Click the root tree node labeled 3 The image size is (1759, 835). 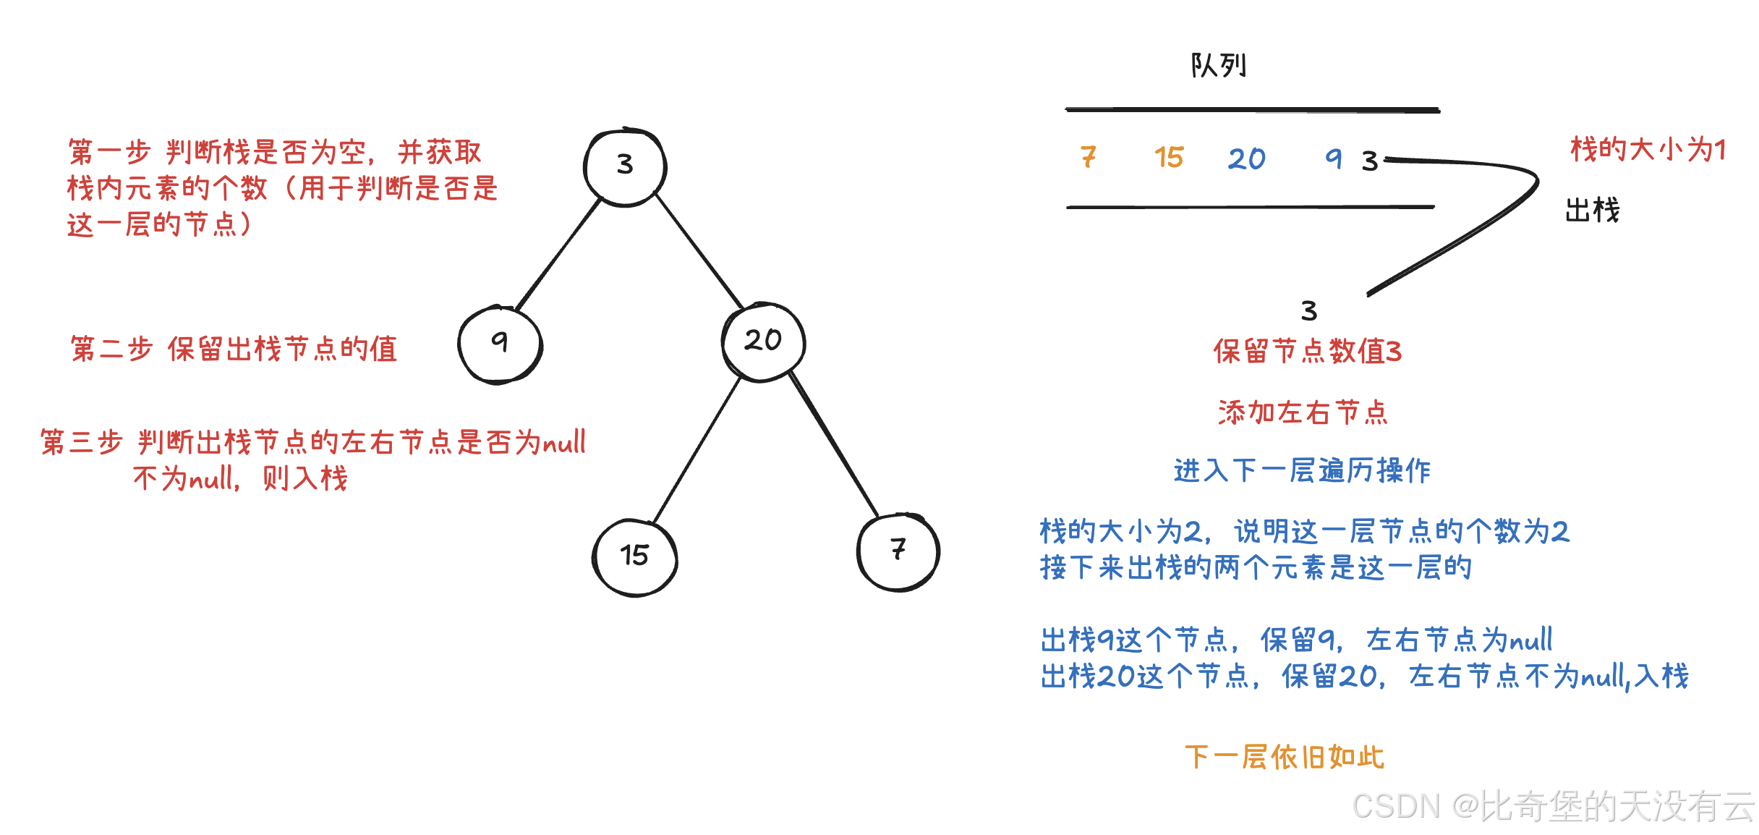tap(625, 166)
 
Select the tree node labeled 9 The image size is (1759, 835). tap(500, 344)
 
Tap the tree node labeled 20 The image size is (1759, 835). tap(763, 341)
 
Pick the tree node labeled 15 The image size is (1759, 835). tap(634, 556)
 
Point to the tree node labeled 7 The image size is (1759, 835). tap(898, 551)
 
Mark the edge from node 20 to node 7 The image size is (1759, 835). tap(833, 444)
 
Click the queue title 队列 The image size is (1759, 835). tap(1219, 66)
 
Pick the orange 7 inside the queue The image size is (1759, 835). tap(1089, 157)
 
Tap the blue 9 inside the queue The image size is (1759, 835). tap(1333, 158)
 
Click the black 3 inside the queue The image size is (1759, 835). tap(1369, 161)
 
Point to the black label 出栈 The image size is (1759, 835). tap(1592, 211)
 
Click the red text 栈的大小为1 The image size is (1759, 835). tap(1648, 150)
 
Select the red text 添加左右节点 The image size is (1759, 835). tap(1303, 412)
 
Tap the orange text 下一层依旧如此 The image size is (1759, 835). tap(1285, 758)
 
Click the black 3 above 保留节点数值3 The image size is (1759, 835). tap(1308, 311)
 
